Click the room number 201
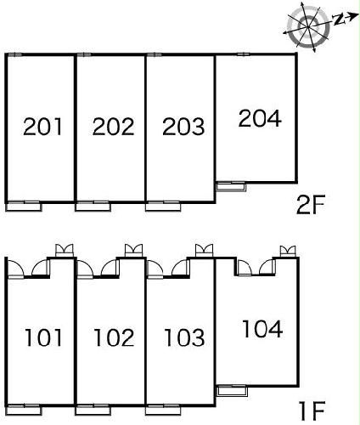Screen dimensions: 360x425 pyautogui.click(x=42, y=127)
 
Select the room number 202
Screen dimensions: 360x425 pyautogui.click(x=113, y=127)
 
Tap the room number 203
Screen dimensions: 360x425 pyautogui.click(x=183, y=127)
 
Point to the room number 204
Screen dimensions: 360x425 pyautogui.click(x=260, y=118)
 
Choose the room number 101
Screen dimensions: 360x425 pyautogui.click(x=43, y=337)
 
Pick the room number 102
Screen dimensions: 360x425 pyautogui.click(x=114, y=337)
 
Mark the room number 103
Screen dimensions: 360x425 pyautogui.click(x=184, y=337)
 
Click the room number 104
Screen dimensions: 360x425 pyautogui.click(x=262, y=329)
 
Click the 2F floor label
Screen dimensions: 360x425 pyautogui.click(x=311, y=205)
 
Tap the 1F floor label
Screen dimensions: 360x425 pyautogui.click(x=312, y=411)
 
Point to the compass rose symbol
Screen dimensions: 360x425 pyautogui.click(x=308, y=27)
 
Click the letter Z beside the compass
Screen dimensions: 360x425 pyautogui.click(x=338, y=20)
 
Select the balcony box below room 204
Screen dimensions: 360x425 pyautogui.click(x=231, y=187)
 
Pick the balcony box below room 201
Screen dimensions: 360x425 pyautogui.click(x=24, y=207)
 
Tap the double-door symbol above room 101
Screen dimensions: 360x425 pyautogui.click(x=64, y=251)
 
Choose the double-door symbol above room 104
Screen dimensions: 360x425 pyautogui.click(x=288, y=252)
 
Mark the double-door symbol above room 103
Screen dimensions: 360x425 pyautogui.click(x=204, y=251)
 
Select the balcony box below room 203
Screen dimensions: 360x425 pyautogui.click(x=163, y=207)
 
